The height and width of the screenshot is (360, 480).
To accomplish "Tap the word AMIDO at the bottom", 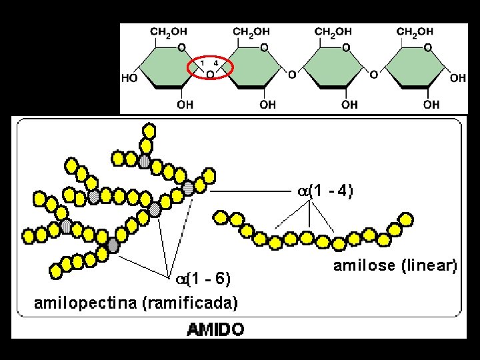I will tap(215, 329).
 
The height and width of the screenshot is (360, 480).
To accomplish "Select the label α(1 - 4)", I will tap(325, 191).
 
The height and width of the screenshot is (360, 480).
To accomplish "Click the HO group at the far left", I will tap(129, 78).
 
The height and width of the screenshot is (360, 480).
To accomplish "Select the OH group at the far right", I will tap(458, 78).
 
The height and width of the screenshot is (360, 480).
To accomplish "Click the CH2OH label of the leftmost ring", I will tap(169, 31).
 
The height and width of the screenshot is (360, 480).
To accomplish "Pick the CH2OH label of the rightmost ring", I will tap(415, 31).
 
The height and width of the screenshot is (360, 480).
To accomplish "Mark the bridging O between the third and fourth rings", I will tap(373, 74).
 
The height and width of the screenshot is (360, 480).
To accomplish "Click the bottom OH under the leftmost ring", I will tap(185, 105).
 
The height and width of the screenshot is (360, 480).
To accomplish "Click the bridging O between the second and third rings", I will tap(291, 74).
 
